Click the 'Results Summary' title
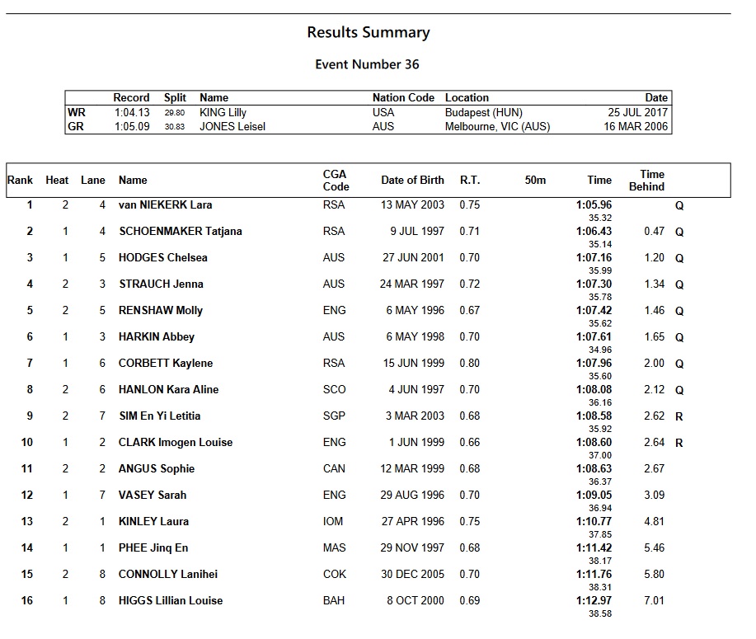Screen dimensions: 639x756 click(x=368, y=33)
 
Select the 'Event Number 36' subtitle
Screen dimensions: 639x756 click(x=368, y=64)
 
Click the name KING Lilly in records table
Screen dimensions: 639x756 click(x=223, y=112)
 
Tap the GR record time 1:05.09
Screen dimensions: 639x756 click(x=132, y=127)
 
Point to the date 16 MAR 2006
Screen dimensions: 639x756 click(x=636, y=127)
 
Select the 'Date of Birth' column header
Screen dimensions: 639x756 click(x=412, y=180)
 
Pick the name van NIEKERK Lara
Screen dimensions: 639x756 click(x=165, y=204)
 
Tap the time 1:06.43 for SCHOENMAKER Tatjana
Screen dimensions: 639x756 click(x=594, y=232)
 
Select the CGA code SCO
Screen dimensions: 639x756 click(x=334, y=389)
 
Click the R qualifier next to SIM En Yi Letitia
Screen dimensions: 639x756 click(x=679, y=417)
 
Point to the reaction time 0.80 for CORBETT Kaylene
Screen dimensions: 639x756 click(x=469, y=363)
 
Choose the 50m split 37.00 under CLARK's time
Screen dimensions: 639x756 click(x=600, y=455)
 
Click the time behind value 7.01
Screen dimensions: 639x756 click(x=654, y=600)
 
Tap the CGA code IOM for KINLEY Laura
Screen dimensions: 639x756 click(x=334, y=521)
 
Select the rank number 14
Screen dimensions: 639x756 click(x=27, y=547)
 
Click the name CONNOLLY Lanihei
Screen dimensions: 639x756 click(x=168, y=574)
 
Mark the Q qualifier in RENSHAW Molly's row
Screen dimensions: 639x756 click(x=679, y=312)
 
